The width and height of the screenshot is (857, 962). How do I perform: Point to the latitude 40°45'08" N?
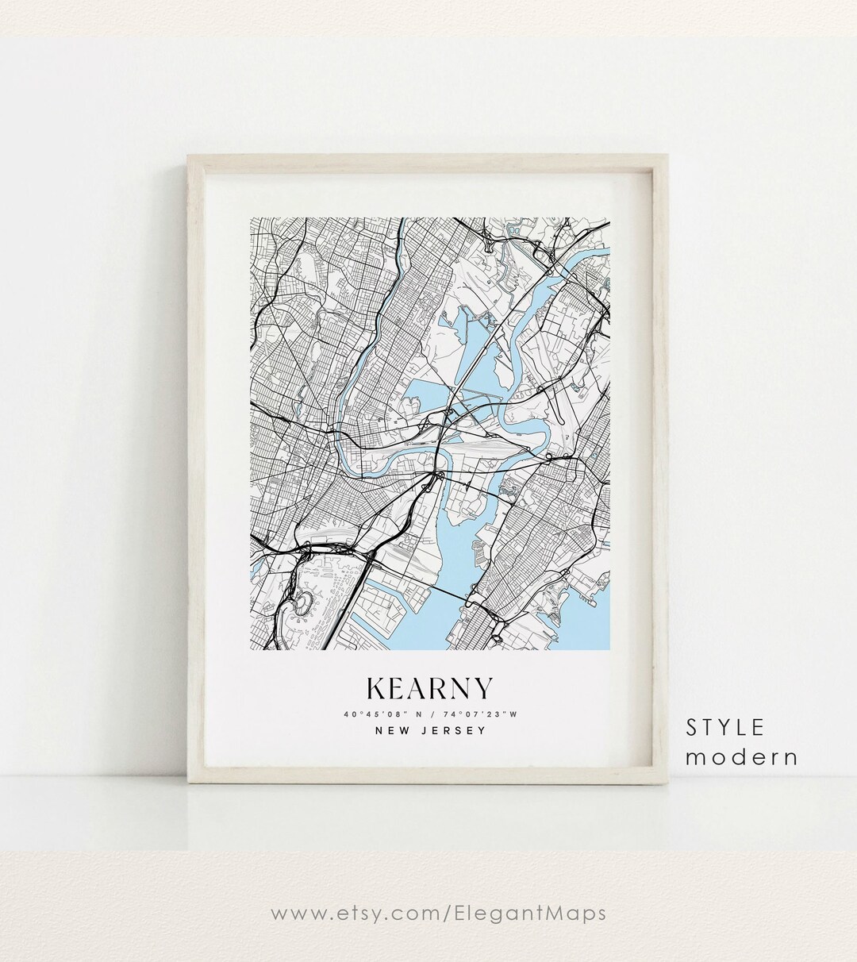(382, 714)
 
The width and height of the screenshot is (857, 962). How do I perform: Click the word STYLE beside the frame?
(725, 727)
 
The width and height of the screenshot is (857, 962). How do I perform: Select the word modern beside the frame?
(742, 756)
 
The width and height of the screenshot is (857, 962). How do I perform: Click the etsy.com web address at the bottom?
(438, 913)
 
